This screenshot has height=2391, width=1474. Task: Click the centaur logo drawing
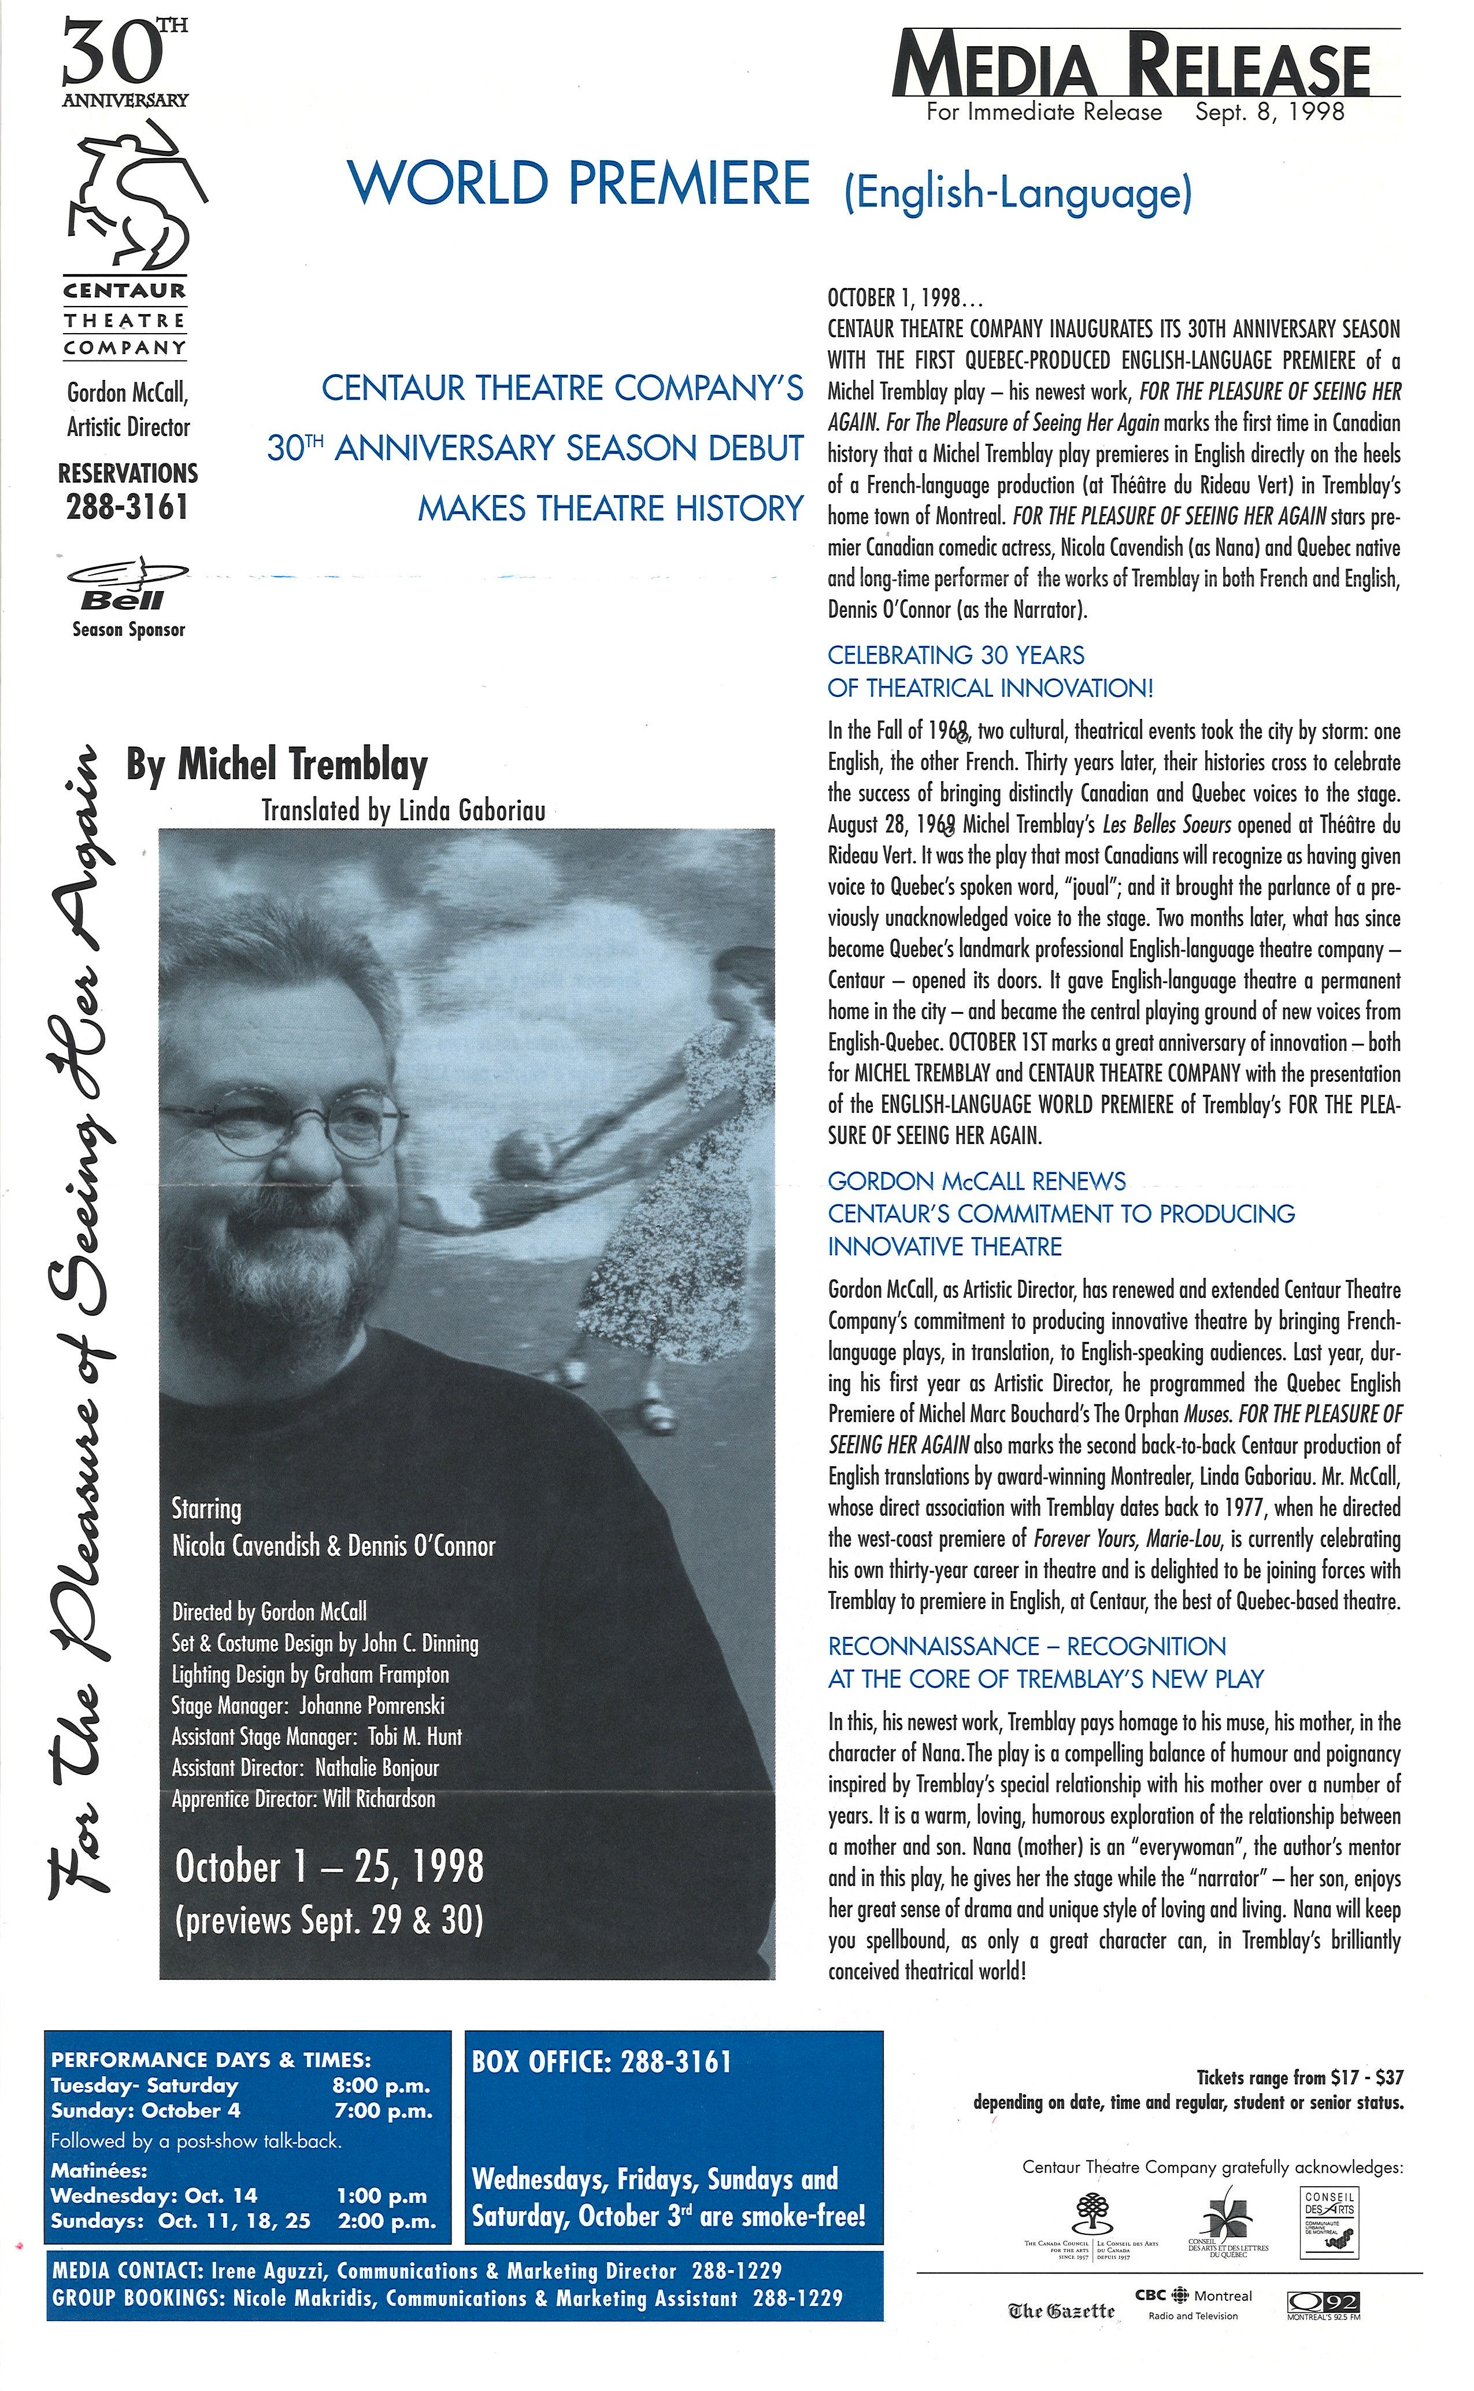pos(127,195)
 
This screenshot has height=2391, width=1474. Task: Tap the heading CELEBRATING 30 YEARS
pos(955,655)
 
